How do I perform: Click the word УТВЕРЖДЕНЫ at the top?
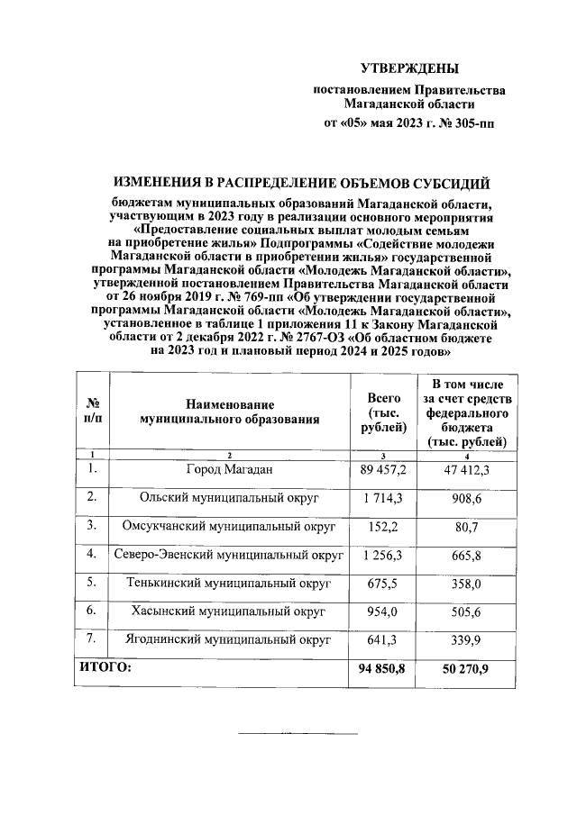[x=409, y=68]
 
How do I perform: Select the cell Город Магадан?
[x=229, y=469]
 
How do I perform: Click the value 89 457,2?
[x=383, y=470]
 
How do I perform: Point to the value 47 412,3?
[x=466, y=470]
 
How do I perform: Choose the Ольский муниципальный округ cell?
[x=229, y=497]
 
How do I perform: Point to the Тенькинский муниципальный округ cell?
[x=229, y=584]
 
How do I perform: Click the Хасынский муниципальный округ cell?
[x=229, y=611]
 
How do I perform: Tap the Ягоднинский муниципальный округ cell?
[x=229, y=640]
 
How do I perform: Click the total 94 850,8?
[x=383, y=669]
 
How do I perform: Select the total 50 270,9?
[x=466, y=669]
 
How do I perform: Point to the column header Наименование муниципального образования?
[x=229, y=412]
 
